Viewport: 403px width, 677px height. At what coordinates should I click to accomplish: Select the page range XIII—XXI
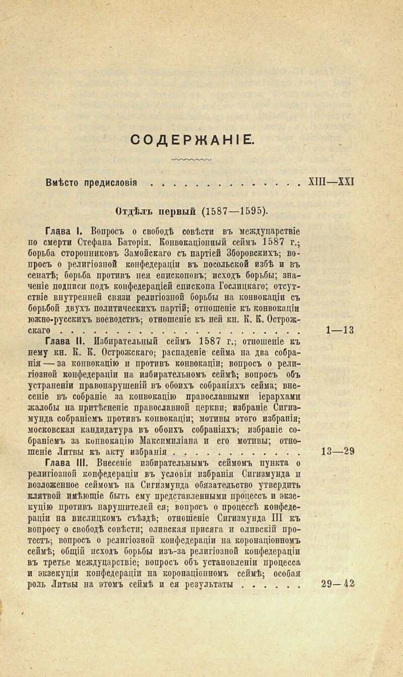[x=331, y=182]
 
